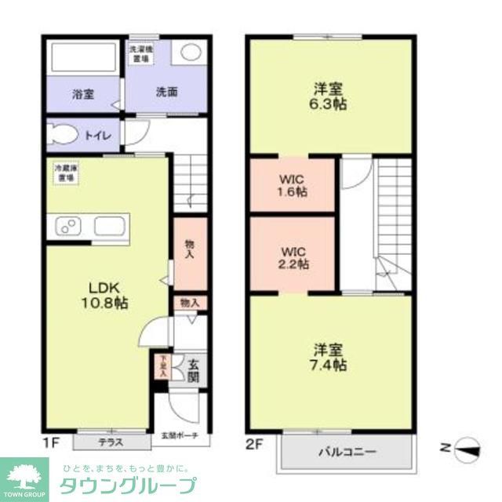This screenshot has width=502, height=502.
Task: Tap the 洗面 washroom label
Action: pos(166,92)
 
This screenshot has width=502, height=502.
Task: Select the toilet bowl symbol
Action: pos(63,135)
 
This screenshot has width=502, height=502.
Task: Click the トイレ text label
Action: pos(99,136)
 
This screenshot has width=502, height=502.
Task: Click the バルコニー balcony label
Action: pos(347,453)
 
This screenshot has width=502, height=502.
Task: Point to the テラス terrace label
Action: pos(110,442)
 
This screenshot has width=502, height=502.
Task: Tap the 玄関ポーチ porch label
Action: pos(180,435)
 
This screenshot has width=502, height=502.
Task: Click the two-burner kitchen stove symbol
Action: pos(66,227)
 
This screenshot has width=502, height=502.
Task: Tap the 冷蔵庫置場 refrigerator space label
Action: pos(64,173)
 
